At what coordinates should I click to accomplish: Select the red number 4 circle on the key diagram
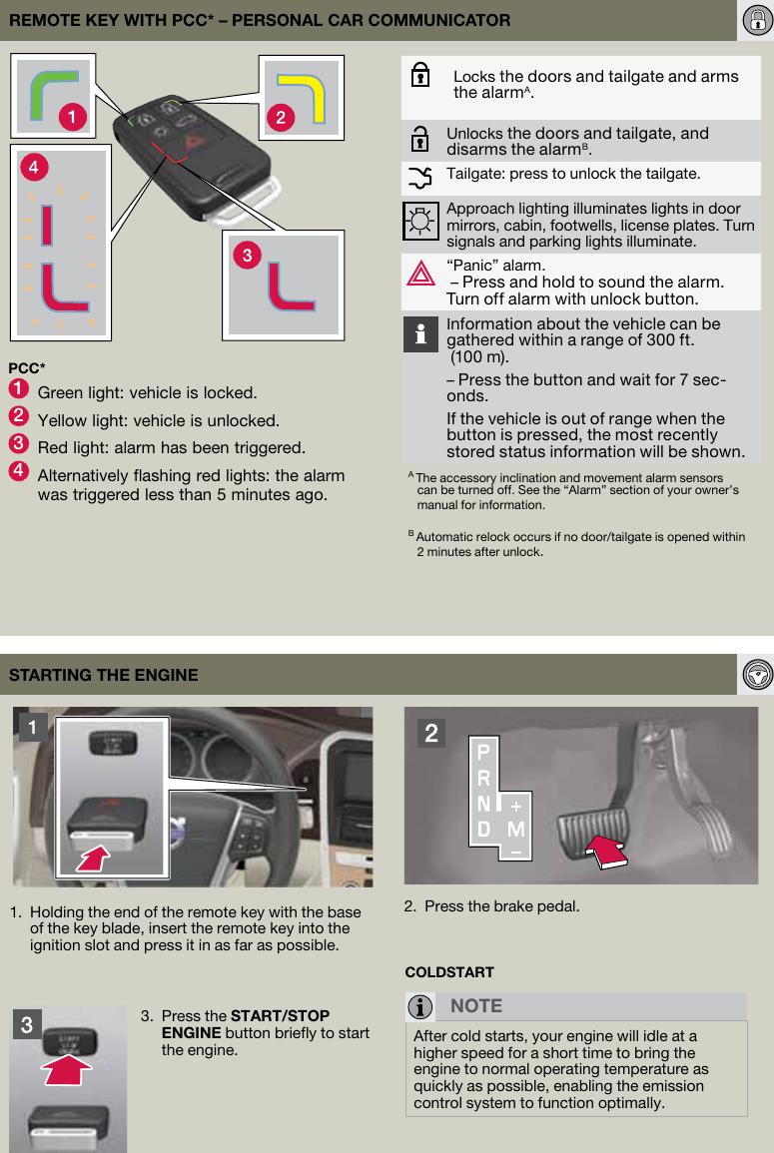point(34,168)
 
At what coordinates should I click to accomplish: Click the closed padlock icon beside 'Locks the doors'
point(420,77)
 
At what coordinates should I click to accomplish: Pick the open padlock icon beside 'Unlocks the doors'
point(420,140)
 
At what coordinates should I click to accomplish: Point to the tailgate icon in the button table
point(420,178)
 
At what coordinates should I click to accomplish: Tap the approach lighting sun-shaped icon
point(420,221)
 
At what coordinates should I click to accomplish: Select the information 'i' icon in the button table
point(420,334)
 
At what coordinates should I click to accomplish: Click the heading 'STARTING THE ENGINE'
point(104,675)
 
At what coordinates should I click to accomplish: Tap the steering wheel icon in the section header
point(757,674)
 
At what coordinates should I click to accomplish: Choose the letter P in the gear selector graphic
point(483,751)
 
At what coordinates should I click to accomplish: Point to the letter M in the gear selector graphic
point(516,829)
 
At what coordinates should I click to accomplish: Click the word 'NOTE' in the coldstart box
point(476,1005)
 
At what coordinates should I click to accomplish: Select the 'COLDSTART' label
point(449,971)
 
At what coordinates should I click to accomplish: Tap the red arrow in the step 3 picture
point(67,1070)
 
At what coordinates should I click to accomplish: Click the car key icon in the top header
point(756,20)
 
